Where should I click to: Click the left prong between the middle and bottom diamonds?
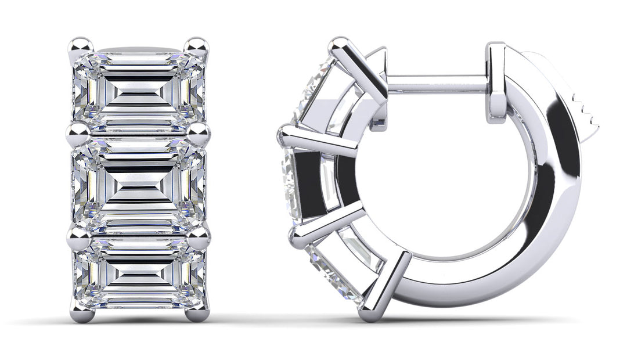click(x=78, y=237)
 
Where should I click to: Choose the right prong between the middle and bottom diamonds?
click(x=199, y=237)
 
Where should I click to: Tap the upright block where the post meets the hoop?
click(x=496, y=81)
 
